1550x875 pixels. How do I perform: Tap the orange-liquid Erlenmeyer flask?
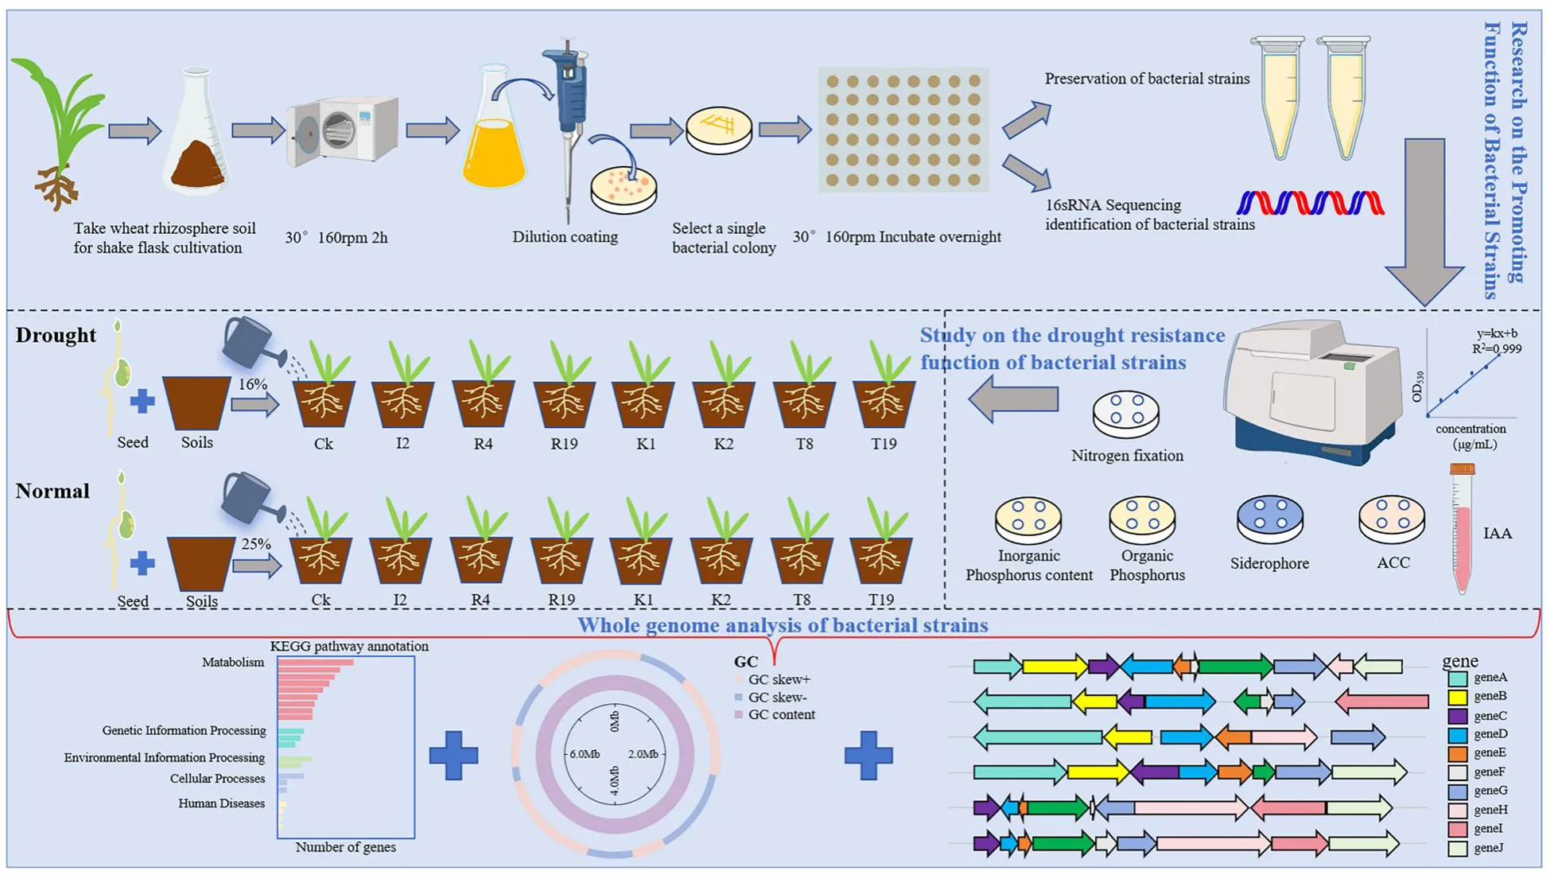click(493, 139)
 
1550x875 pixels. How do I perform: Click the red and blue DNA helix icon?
click(1310, 203)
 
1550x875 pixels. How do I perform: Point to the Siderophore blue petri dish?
click(1269, 518)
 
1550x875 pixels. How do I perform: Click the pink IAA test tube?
click(1462, 529)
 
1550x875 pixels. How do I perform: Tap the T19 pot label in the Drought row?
click(883, 444)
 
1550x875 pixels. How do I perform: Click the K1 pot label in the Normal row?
click(643, 600)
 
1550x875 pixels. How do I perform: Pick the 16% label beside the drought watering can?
click(253, 384)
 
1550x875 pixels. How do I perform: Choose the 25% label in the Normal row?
click(256, 544)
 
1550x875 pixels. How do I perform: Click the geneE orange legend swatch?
click(1457, 753)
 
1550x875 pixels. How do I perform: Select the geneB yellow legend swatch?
click(1457, 697)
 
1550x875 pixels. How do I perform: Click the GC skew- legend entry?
click(775, 698)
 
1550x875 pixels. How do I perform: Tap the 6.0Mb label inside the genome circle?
click(585, 753)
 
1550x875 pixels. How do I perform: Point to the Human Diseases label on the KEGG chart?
click(221, 803)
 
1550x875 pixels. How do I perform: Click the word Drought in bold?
click(56, 335)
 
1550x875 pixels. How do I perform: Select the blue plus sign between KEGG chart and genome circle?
click(453, 755)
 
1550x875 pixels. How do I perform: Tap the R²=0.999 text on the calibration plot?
click(1496, 348)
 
